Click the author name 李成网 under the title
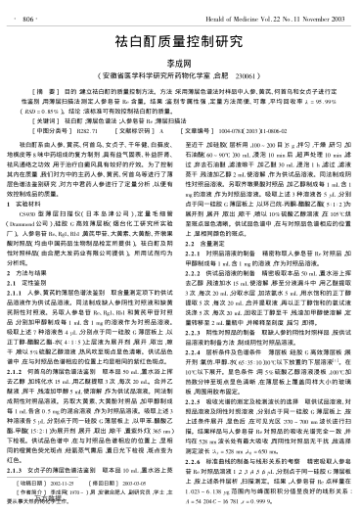179,61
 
